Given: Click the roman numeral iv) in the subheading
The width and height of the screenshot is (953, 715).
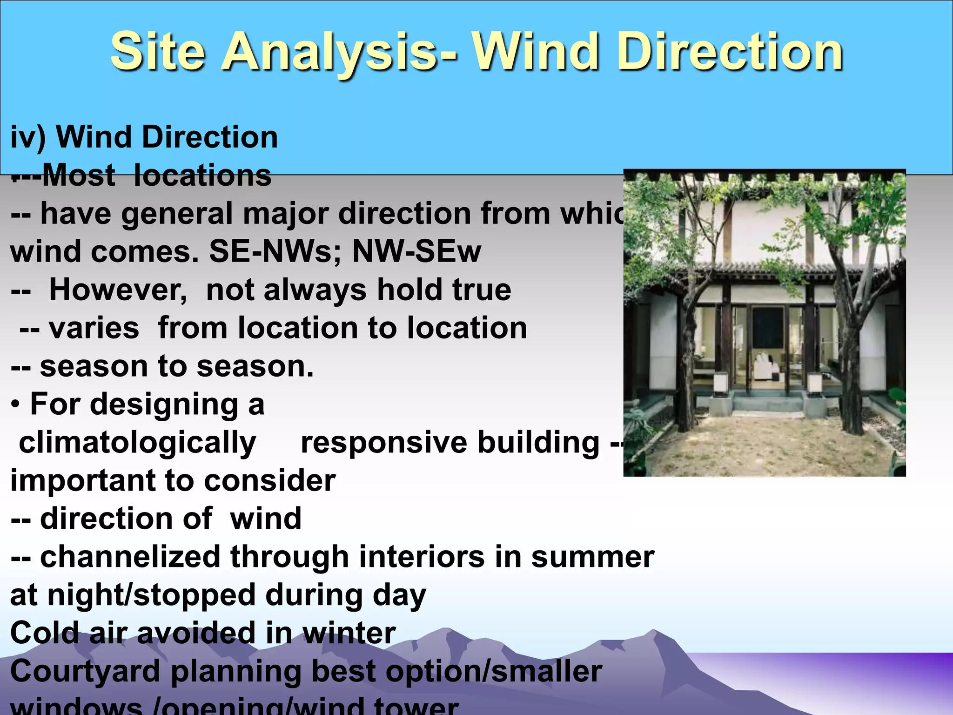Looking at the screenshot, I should pos(28,138).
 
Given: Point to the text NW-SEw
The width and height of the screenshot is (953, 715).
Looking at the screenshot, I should pos(416,252).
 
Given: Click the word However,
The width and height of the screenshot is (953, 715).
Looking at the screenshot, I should pos(118,290).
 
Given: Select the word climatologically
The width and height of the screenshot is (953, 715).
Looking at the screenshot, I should pos(137,443).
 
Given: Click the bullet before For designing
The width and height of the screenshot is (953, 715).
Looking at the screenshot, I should pos(15,405).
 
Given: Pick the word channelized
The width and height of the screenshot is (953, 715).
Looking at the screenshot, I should pos(130,557).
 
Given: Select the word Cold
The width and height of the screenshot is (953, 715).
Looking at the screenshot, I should pos(44,634).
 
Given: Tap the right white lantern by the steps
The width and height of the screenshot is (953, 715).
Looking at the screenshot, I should pos(815,384).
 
